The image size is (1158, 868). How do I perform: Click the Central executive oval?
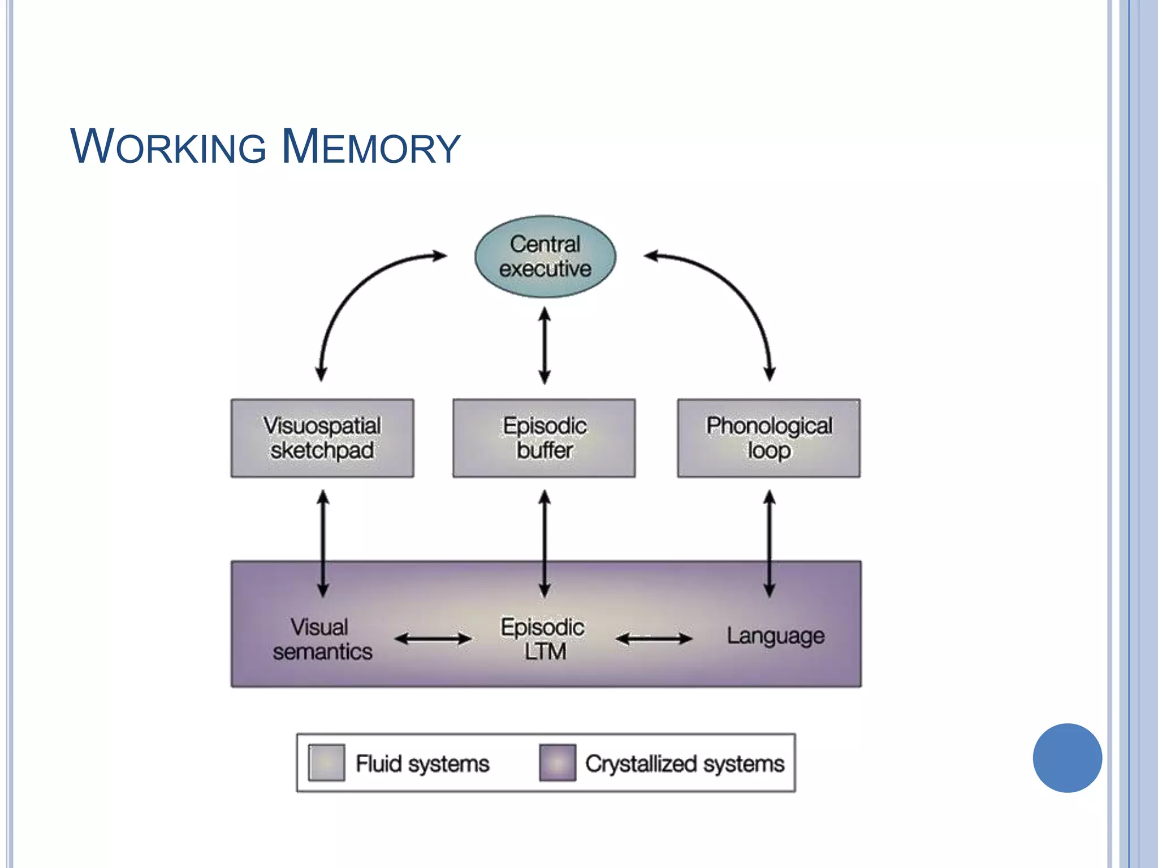click(545, 257)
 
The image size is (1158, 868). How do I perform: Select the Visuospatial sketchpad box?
click(322, 439)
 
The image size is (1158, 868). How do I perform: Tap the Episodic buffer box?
click(544, 439)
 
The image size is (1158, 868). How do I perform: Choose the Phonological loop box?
click(769, 439)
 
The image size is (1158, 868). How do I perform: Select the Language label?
click(775, 636)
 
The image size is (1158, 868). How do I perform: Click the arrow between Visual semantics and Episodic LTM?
click(433, 639)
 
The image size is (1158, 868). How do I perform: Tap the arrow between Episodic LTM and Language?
click(654, 639)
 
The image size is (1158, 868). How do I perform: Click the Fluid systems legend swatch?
click(326, 763)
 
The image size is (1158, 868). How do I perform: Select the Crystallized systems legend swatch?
click(558, 763)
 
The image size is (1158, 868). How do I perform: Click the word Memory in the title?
click(371, 147)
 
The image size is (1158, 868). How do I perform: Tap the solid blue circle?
click(1067, 758)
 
